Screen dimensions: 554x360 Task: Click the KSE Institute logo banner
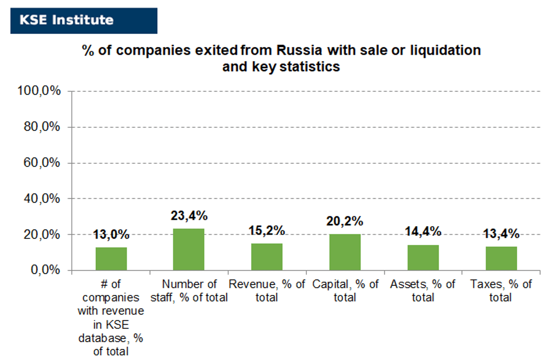(x=84, y=21)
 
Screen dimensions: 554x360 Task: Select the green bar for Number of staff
(x=189, y=250)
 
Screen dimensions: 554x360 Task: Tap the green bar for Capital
(x=345, y=252)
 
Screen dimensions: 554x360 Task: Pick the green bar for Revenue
(x=267, y=257)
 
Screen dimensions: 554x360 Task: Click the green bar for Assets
(x=423, y=258)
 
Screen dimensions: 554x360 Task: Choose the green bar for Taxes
(x=501, y=258)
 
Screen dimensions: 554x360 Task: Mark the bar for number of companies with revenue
(x=111, y=259)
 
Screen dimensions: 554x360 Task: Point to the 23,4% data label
(x=189, y=216)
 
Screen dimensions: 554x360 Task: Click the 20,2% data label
(x=345, y=221)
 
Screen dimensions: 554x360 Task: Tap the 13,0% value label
(x=111, y=234)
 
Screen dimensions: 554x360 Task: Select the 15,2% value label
(x=267, y=230)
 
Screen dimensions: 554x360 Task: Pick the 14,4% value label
(x=423, y=232)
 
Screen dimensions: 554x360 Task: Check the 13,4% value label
(x=501, y=234)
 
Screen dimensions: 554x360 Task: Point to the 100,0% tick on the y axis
(x=39, y=91)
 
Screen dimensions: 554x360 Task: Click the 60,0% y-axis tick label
(x=42, y=163)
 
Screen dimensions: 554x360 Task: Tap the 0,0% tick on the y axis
(x=45, y=270)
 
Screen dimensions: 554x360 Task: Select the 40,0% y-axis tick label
(x=42, y=199)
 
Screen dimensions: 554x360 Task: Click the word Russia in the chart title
(x=299, y=50)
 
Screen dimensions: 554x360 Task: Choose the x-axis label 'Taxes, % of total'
(x=501, y=291)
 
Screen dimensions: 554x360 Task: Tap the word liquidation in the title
(x=446, y=51)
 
